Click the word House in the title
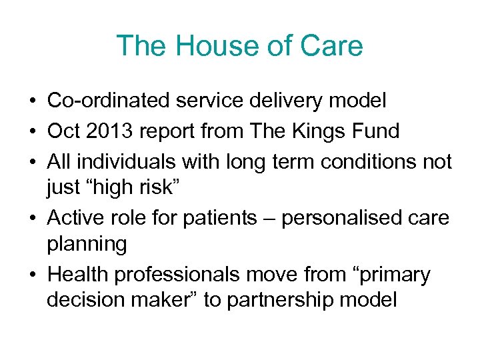click(x=208, y=46)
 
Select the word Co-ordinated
click(x=109, y=101)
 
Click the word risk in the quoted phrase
click(x=157, y=188)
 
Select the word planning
click(x=87, y=245)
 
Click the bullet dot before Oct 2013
click(x=32, y=132)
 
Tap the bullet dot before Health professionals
click(x=32, y=275)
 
